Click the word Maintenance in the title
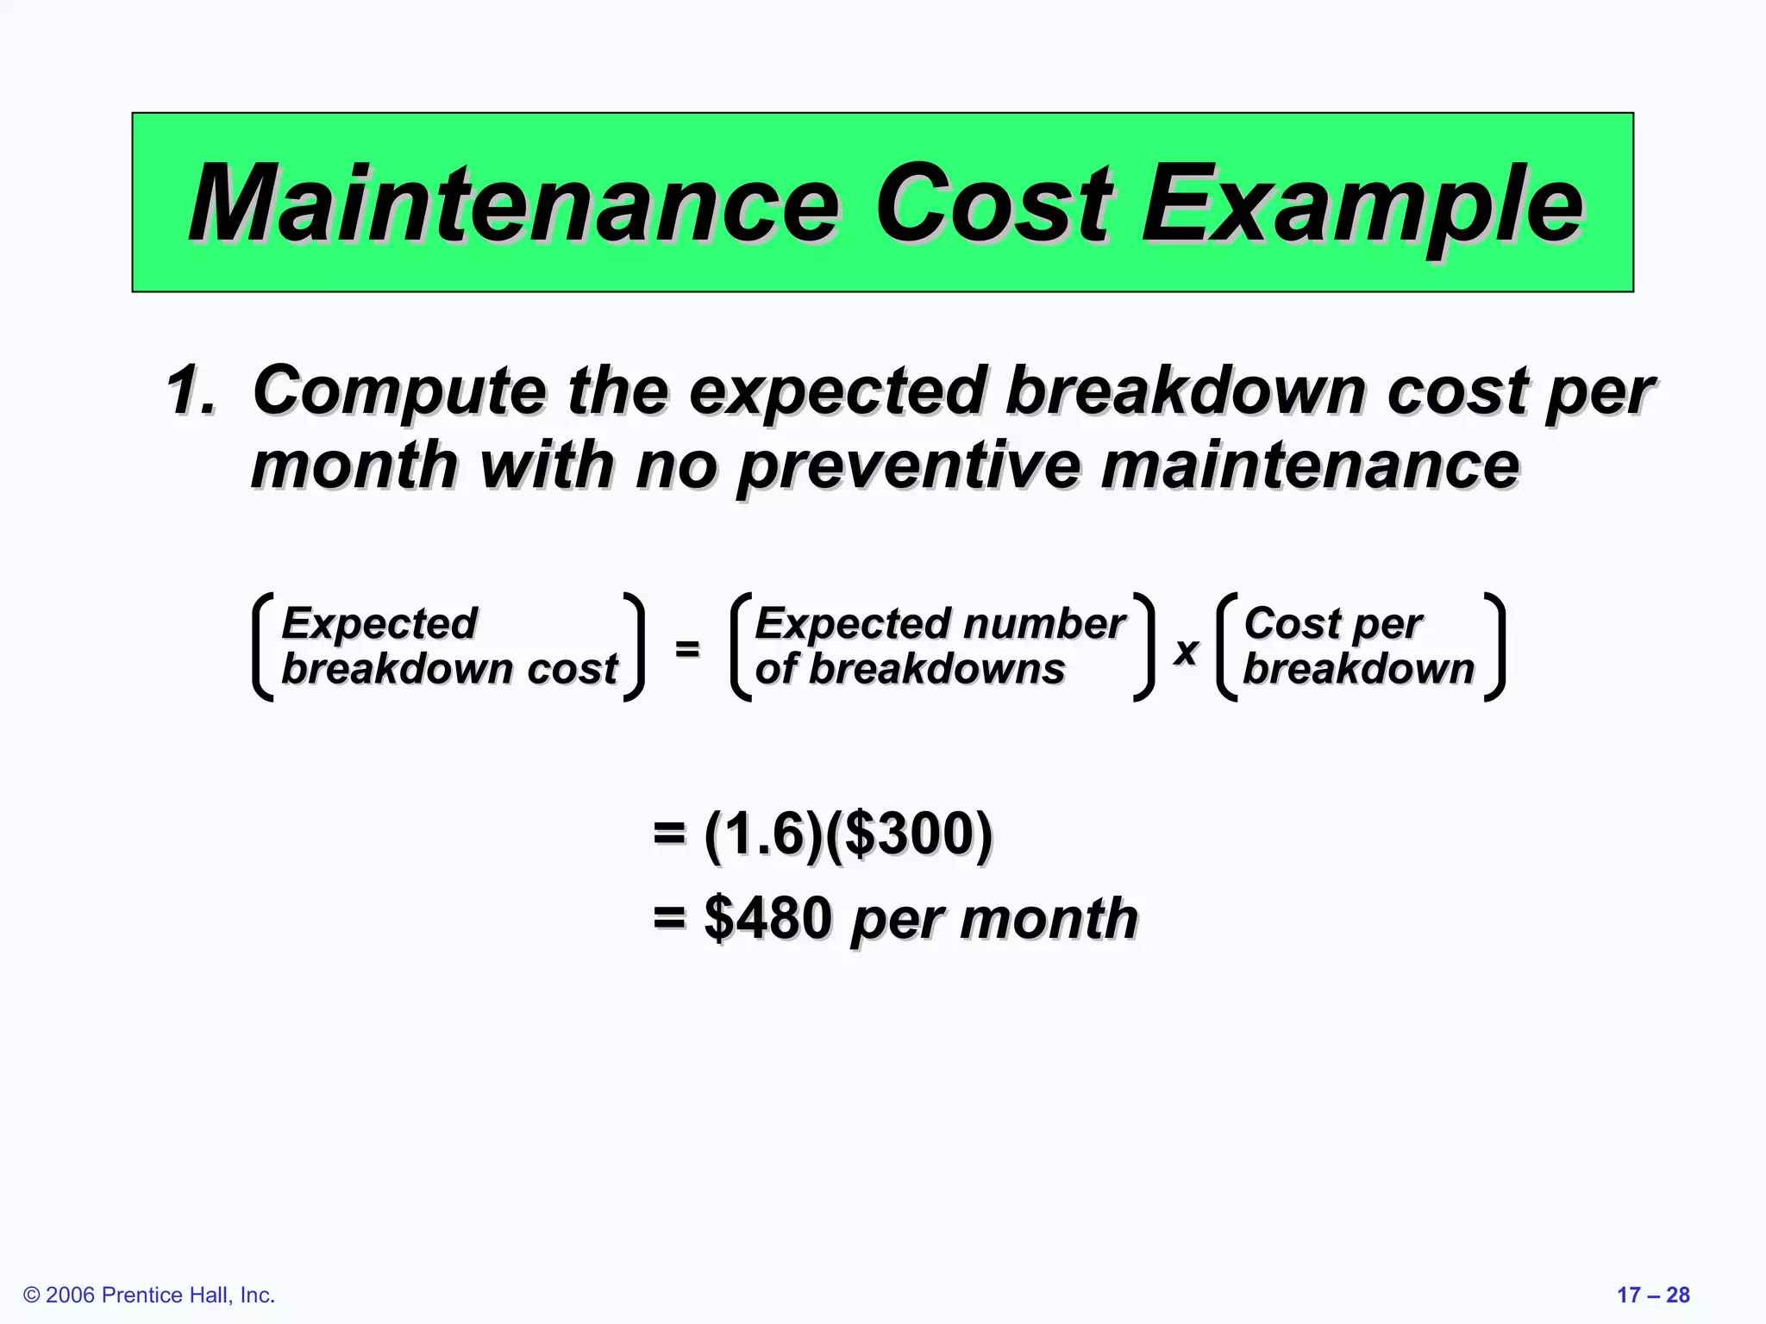pos(514,205)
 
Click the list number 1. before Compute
pos(191,390)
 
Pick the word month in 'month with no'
pos(354,466)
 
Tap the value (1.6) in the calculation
pos(764,834)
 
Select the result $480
pos(767,918)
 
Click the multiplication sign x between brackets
pos(1186,651)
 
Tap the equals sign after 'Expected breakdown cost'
pos(686,647)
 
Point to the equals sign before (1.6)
pos(669,834)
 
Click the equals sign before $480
pos(669,918)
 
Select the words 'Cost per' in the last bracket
pos(1333,623)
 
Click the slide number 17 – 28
pos(1653,1295)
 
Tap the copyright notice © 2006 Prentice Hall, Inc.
pos(149,1295)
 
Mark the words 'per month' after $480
pos(994,919)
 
